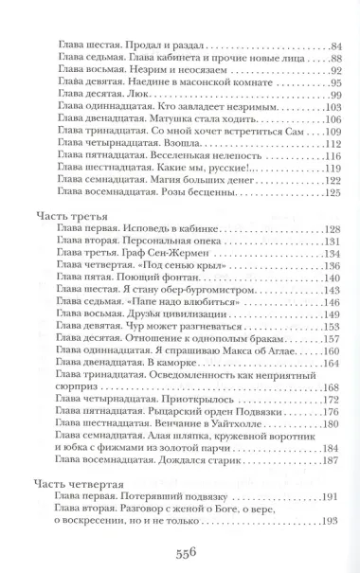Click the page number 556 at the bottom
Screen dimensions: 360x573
coord(180,553)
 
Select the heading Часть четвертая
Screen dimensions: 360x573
coord(77,478)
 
